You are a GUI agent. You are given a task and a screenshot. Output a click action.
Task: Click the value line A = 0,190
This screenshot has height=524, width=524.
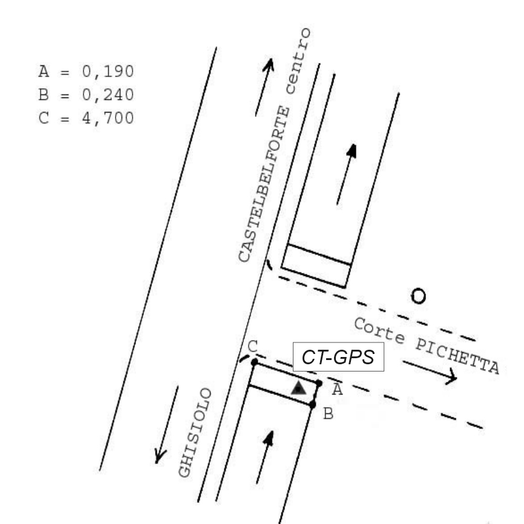[85, 71]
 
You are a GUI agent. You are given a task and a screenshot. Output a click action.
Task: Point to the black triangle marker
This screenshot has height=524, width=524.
[298, 388]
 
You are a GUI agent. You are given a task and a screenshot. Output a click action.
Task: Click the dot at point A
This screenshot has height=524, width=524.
[319, 382]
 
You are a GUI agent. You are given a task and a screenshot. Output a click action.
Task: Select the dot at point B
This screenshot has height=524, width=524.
[313, 404]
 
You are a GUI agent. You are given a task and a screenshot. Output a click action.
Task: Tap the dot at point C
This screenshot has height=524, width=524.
[254, 362]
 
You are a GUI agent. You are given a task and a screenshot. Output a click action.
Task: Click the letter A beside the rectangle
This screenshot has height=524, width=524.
[337, 390]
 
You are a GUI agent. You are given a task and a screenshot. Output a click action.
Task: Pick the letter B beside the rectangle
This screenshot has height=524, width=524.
[327, 414]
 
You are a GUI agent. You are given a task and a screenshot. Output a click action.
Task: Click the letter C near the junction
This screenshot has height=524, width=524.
[253, 347]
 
